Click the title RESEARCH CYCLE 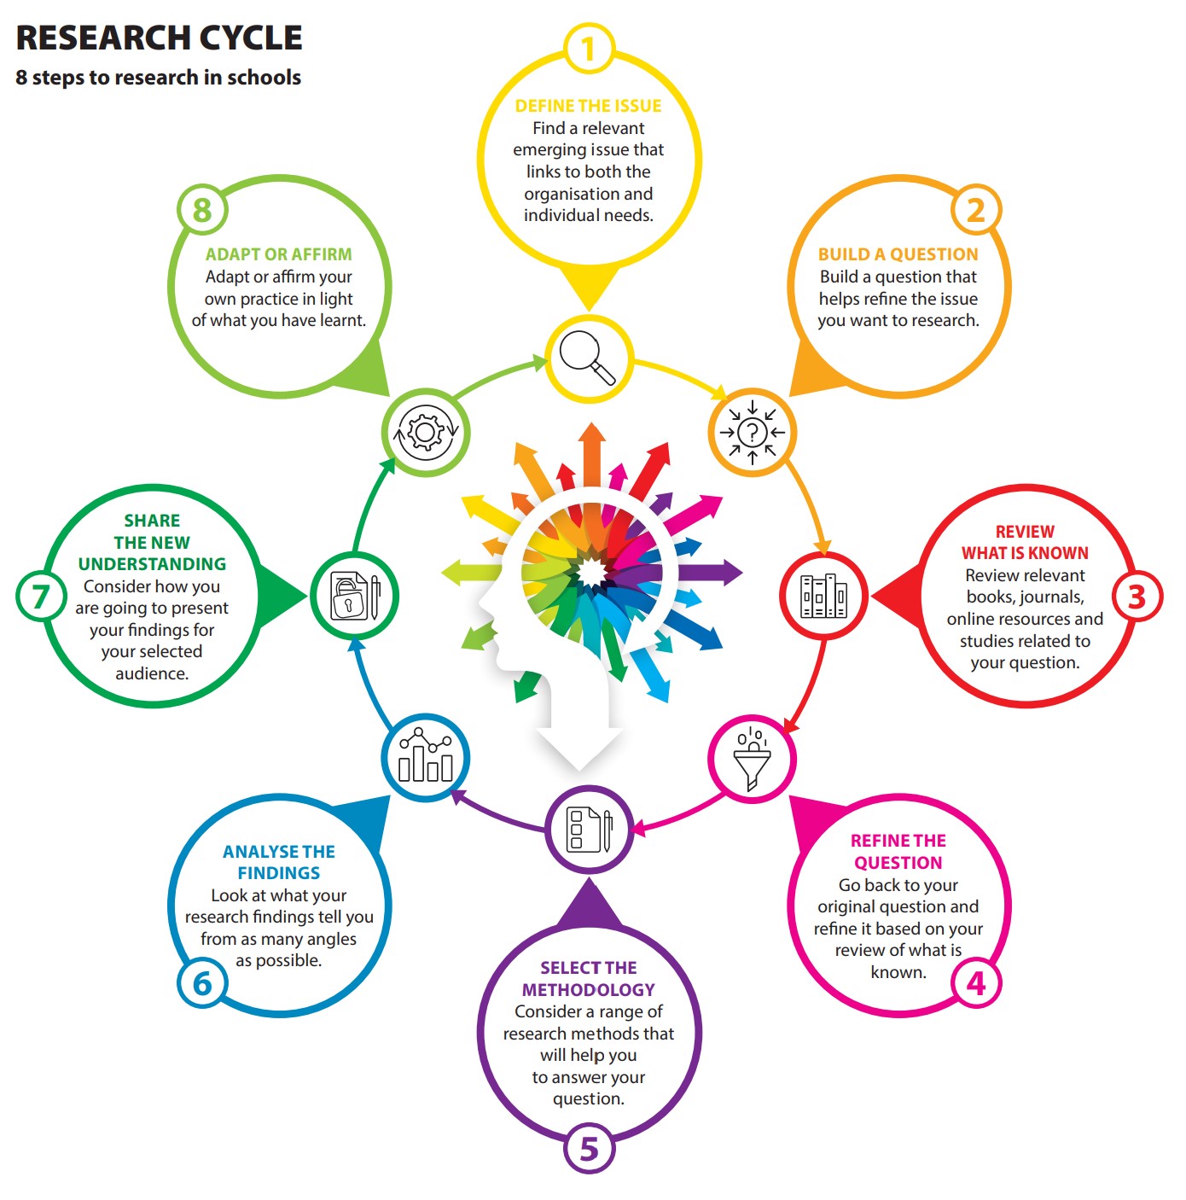[159, 38]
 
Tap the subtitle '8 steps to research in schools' [158, 78]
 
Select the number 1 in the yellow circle [589, 49]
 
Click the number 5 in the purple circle [589, 1148]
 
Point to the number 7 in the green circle [41, 596]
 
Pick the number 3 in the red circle [1137, 596]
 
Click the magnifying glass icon [588, 358]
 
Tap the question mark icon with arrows [752, 432]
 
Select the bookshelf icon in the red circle [823, 596]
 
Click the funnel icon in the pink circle [752, 759]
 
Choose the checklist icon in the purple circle [589, 829]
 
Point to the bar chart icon [425, 759]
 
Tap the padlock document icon [353, 596]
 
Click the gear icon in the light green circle [425, 432]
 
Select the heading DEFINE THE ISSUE [588, 106]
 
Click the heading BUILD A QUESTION [898, 254]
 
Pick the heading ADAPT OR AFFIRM [278, 254]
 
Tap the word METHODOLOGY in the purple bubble [588, 990]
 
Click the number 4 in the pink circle [976, 983]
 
